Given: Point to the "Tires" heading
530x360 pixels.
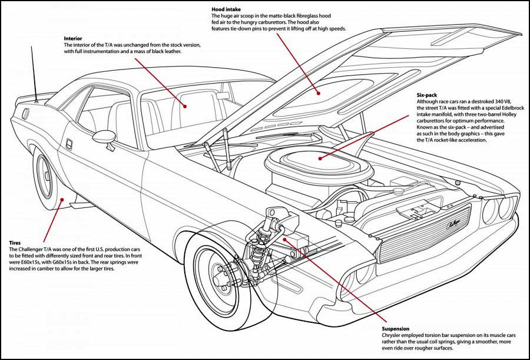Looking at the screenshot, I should coord(15,242).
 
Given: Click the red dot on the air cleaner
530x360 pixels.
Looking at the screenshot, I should coord(320,157).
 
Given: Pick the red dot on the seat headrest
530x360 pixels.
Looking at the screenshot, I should coord(184,107).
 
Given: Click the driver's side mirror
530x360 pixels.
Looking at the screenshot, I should coord(104,136).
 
